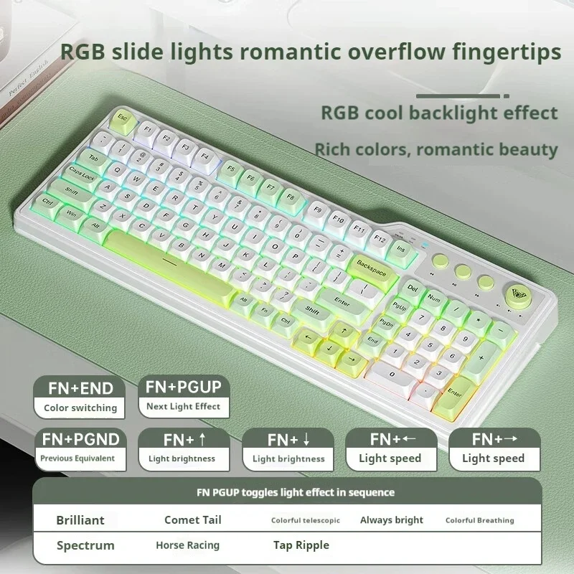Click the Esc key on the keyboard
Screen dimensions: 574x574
click(122, 116)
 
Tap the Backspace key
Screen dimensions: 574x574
click(370, 268)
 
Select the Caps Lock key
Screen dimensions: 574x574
click(82, 174)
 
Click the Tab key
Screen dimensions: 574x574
click(93, 156)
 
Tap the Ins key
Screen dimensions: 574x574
click(400, 249)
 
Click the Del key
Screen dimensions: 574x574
click(412, 287)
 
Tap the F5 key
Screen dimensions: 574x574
click(230, 170)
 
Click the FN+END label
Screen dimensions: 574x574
click(80, 388)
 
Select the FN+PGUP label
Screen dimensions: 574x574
click(184, 387)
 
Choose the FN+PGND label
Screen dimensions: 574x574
click(80, 438)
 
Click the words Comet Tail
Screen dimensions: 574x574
click(192, 520)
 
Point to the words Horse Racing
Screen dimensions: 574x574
click(187, 545)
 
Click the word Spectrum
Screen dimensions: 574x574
click(85, 545)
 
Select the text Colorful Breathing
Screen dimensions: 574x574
click(479, 520)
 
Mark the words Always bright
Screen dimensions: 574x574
click(391, 520)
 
